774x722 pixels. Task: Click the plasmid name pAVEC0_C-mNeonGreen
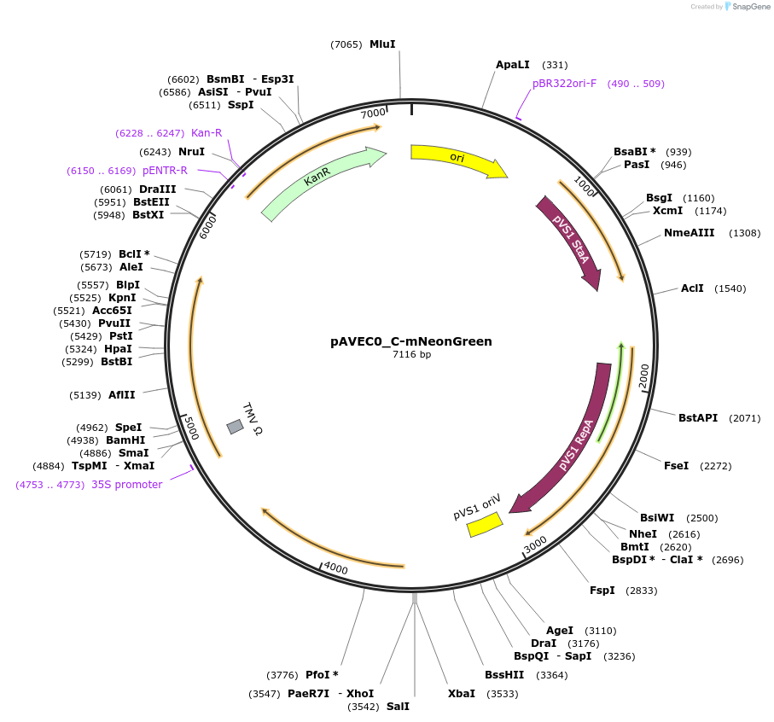point(411,341)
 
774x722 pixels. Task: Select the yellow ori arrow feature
point(457,158)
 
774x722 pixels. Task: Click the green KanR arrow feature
point(322,182)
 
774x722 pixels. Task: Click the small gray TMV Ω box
point(235,426)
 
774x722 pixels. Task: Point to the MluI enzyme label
point(382,44)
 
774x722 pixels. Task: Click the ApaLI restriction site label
point(513,65)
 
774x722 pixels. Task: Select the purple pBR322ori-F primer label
point(565,84)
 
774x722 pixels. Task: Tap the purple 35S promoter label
point(126,485)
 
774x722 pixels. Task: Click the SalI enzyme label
point(398,707)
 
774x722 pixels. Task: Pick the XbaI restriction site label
point(461,694)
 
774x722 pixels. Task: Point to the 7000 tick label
point(373,114)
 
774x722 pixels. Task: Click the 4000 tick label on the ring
point(335,568)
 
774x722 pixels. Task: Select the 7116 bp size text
point(411,355)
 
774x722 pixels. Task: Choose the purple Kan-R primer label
point(207,133)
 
